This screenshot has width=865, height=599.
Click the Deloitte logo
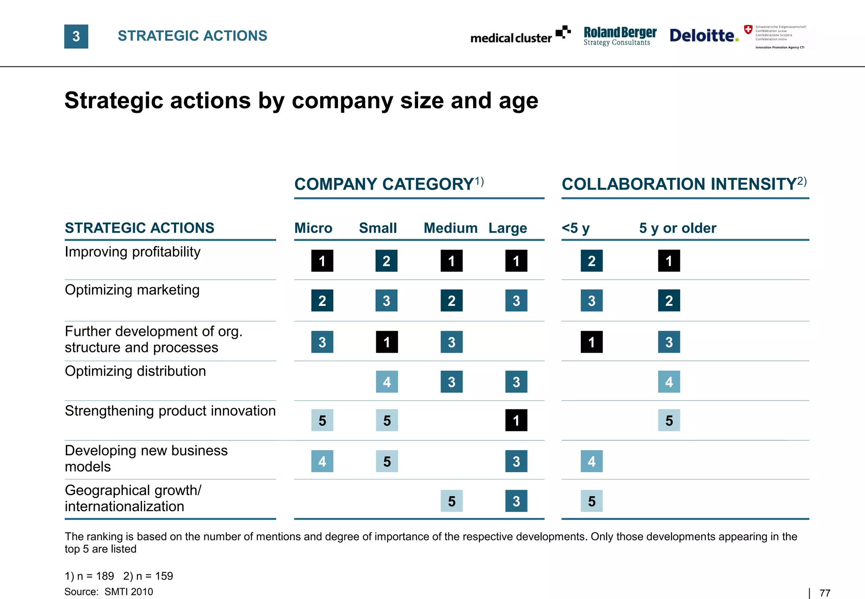pos(704,35)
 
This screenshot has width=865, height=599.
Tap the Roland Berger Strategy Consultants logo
pos(620,36)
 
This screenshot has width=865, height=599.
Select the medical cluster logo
pos(520,35)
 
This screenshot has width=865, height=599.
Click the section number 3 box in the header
pos(76,36)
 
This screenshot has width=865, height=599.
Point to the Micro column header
pos(313,228)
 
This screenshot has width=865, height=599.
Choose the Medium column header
pos(450,228)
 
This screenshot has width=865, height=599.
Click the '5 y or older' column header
pos(677,228)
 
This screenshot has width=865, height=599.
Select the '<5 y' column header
pos(575,228)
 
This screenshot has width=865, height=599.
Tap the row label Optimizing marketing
pos(132,290)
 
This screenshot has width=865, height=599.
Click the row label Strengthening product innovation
pos(170,411)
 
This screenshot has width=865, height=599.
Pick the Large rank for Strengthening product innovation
pos(516,420)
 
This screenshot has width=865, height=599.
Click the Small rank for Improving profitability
pos(386,261)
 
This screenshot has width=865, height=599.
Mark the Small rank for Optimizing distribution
pos(387,382)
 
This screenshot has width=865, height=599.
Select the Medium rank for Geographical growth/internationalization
pos(452,501)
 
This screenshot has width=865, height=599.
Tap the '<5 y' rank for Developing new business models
pos(591,461)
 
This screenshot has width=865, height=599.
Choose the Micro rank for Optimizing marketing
pos(322,300)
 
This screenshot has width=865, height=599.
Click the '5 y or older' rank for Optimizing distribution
pos(669,382)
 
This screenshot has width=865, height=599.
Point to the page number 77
pos(824,593)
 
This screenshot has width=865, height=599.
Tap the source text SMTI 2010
pos(128,592)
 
